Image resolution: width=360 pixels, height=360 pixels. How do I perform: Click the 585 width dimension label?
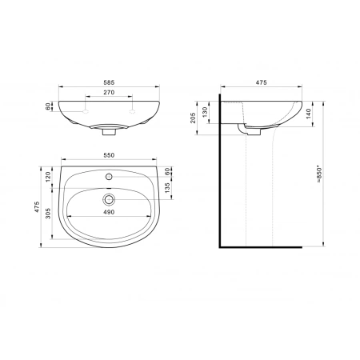point(109,82)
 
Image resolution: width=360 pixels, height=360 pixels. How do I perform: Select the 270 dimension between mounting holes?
point(109,92)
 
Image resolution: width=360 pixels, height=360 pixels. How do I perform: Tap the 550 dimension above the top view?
point(109,155)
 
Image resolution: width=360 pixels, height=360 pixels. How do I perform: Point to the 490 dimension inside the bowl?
point(109,212)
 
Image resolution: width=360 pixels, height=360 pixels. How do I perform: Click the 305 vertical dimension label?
point(48,214)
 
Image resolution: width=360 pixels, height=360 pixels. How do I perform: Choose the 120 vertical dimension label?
point(48,177)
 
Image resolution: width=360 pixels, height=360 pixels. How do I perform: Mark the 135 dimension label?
point(167,188)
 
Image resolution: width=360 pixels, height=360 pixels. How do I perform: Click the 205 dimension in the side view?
point(193,118)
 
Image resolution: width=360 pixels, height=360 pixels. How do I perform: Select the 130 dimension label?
point(205,112)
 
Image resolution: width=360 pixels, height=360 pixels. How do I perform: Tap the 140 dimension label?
point(308,114)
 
